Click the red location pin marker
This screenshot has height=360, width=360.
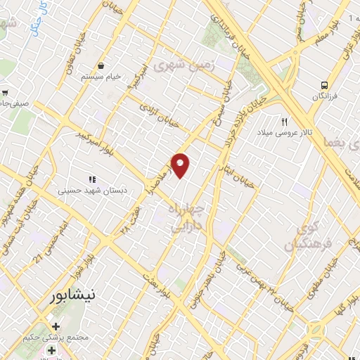point(181,165)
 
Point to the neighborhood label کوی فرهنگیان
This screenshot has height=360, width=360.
point(303,238)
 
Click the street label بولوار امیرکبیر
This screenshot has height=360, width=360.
point(82,134)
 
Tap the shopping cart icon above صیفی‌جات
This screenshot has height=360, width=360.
point(5,92)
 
